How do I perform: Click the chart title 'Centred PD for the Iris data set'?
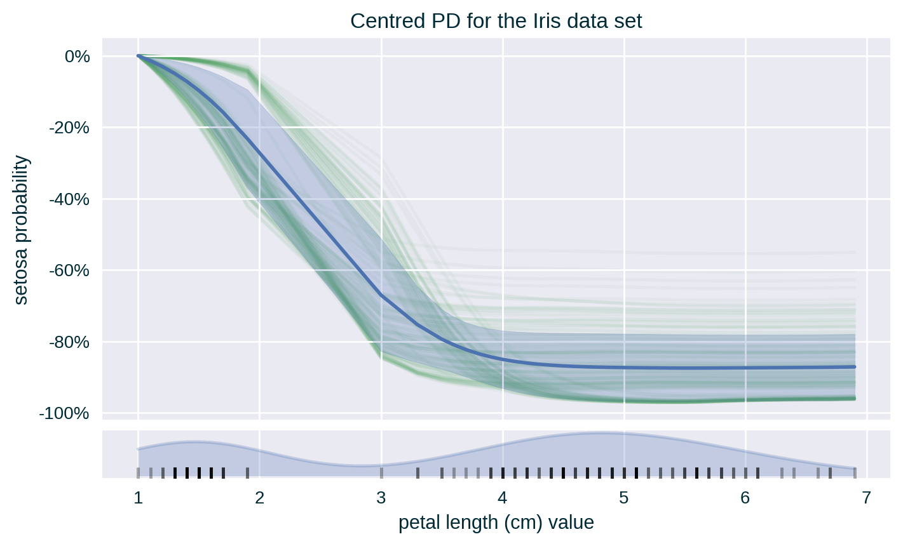coord(496,22)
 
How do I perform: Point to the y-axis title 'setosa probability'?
coord(21,230)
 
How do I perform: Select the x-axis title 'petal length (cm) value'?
coord(496,523)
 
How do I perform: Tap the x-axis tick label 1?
coord(138,498)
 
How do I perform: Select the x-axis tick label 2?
coord(259,498)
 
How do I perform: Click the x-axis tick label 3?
coord(381,498)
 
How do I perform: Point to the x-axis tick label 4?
coord(503,498)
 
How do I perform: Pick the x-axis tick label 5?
coord(624,498)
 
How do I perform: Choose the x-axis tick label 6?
coord(745,498)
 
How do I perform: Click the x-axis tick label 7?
coord(867,498)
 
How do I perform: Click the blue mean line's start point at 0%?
coord(139,57)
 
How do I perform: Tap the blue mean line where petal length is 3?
coord(381,295)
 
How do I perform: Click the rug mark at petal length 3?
coord(381,472)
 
